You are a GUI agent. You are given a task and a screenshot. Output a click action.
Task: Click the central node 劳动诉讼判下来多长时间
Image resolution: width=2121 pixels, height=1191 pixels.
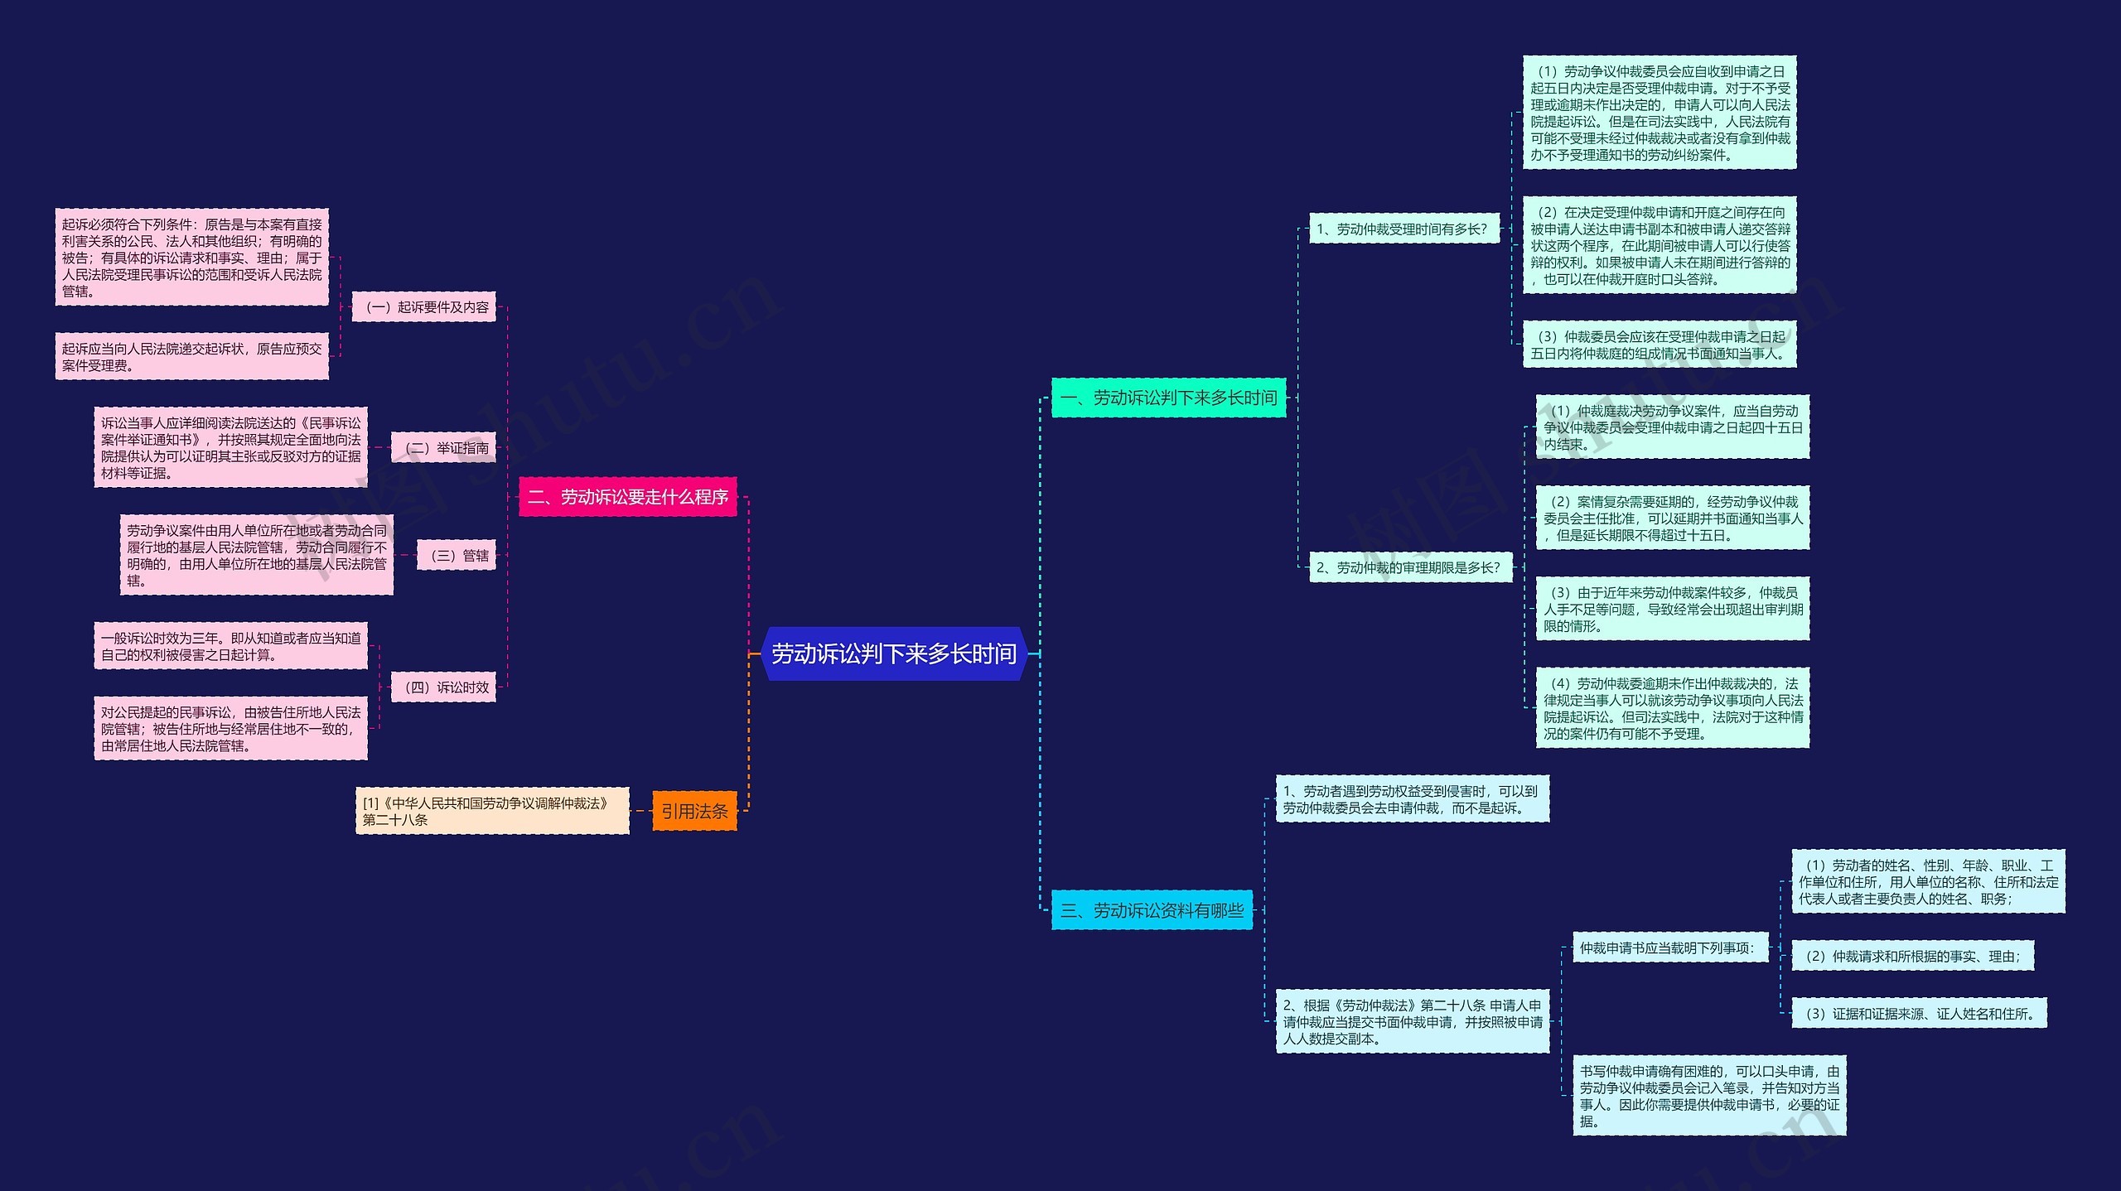coord(894,653)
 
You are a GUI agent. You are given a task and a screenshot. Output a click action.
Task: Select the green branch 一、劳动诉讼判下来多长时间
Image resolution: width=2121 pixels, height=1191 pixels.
coord(1168,398)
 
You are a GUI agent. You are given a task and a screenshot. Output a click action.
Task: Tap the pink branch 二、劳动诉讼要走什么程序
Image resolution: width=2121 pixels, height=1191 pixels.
coord(627,497)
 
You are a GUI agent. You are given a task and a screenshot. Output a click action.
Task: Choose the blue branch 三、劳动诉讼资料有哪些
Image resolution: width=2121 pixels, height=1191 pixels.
coord(1152,910)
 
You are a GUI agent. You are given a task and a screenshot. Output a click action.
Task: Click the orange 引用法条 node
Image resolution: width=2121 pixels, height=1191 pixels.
coord(694,811)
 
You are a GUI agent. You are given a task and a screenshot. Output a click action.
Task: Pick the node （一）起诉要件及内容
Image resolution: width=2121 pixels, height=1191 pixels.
coord(423,307)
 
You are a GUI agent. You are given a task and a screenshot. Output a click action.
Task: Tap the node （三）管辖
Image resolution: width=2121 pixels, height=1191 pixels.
coord(457,555)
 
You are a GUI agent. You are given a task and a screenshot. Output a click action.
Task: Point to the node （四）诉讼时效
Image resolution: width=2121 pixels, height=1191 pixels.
coord(443,687)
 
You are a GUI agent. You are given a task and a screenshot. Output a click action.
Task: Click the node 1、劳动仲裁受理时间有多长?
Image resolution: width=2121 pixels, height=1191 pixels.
coord(1404,229)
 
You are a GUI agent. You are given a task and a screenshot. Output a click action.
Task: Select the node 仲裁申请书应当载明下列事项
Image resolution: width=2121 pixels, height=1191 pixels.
coord(1669,947)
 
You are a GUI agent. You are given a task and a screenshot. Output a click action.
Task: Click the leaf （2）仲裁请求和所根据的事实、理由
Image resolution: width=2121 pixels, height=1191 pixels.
coord(1912,956)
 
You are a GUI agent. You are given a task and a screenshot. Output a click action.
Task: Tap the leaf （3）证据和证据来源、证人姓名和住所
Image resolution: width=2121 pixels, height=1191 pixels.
coord(1919,1013)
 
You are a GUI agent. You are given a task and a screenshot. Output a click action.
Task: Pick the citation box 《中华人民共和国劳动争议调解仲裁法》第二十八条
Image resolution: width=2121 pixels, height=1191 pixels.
coord(492,811)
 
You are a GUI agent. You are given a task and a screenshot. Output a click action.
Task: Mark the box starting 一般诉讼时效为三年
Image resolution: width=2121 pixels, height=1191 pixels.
coord(230,646)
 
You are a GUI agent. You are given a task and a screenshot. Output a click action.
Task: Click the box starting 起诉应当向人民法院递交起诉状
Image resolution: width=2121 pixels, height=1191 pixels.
coord(191,357)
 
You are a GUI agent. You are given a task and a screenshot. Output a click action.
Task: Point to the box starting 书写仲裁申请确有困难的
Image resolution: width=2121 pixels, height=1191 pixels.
coord(1709,1096)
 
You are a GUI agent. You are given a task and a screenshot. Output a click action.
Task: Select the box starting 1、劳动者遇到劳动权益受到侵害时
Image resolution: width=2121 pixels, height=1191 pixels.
coord(1412,799)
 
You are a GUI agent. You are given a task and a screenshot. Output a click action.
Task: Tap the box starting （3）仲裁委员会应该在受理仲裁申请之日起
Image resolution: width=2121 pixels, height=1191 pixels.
coord(1660,345)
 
